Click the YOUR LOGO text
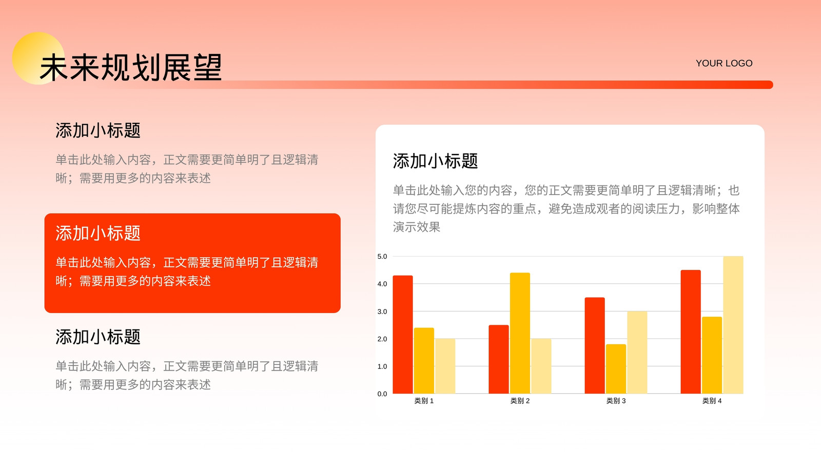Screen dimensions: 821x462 point(724,64)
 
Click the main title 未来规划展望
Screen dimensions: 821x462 point(130,67)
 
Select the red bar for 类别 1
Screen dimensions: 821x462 point(403,334)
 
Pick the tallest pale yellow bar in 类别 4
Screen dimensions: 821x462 point(733,325)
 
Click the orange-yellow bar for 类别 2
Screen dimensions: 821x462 point(520,333)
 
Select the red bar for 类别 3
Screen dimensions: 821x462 point(595,345)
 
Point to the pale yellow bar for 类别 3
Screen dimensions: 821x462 point(637,352)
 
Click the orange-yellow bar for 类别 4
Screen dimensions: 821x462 point(712,355)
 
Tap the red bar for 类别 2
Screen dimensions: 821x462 point(498,359)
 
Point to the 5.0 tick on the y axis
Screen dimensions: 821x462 point(382,256)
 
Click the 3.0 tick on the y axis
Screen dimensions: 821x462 point(382,311)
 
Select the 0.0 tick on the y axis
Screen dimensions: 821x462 point(382,394)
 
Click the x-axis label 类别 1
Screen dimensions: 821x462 point(424,401)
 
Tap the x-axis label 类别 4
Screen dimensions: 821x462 point(712,401)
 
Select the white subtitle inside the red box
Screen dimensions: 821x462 point(98,233)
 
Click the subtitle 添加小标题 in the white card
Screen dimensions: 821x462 point(436,161)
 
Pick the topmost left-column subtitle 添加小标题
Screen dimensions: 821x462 point(98,130)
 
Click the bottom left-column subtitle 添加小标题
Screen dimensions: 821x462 point(98,337)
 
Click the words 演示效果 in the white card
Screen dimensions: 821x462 point(417,227)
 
